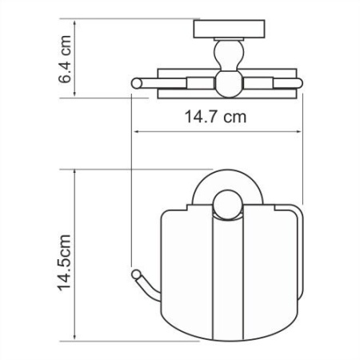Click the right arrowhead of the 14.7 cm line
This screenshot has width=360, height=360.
(x=302, y=131)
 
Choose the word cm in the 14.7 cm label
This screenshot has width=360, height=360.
(x=233, y=117)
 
